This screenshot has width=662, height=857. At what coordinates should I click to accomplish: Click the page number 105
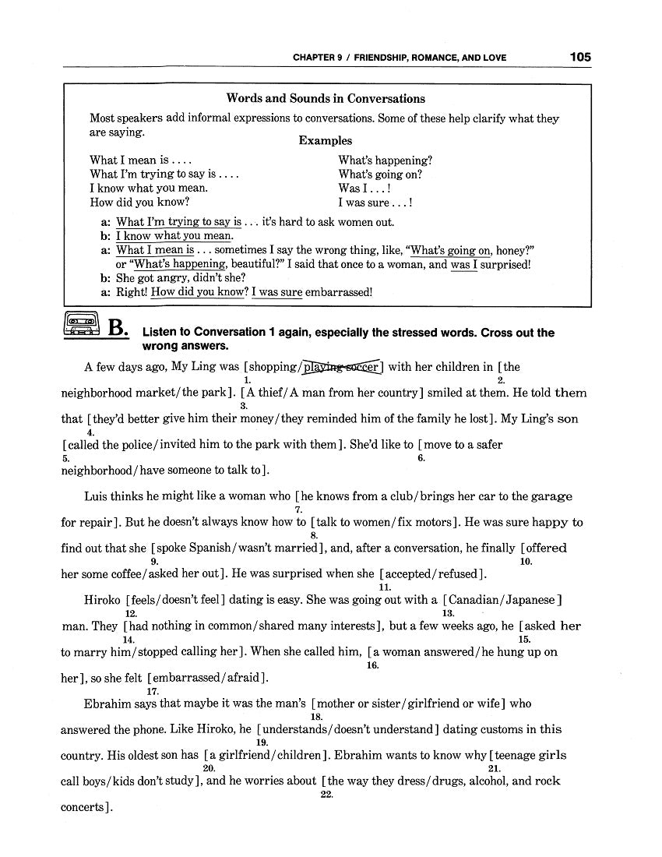(x=579, y=57)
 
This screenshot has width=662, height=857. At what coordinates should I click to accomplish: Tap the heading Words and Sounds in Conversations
(x=326, y=99)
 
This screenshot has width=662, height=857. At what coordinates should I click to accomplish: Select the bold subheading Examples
(x=326, y=141)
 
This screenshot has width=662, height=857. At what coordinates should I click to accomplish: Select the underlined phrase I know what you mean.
(x=174, y=236)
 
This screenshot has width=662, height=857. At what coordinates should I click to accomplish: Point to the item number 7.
(x=298, y=510)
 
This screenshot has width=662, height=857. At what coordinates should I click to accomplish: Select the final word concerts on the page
(x=82, y=807)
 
